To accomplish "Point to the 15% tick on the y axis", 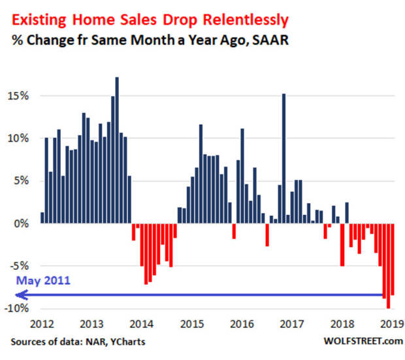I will [19, 96].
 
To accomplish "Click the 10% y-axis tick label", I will [19, 139].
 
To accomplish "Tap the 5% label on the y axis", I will [22, 181].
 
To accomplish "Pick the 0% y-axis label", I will [22, 223].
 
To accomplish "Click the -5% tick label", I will [20, 266].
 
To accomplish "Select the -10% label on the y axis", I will [18, 308].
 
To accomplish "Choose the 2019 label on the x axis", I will [389, 323].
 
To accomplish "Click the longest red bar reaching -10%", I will [388, 265].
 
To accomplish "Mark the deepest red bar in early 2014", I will [146, 254].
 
